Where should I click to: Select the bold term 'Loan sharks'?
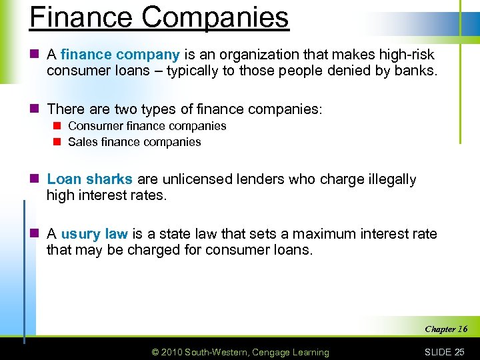pyautogui.click(x=91, y=179)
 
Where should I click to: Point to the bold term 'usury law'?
pyautogui.click(x=94, y=234)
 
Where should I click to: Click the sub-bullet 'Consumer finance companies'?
pyautogui.click(x=147, y=126)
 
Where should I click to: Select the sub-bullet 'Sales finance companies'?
pyautogui.click(x=134, y=141)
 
